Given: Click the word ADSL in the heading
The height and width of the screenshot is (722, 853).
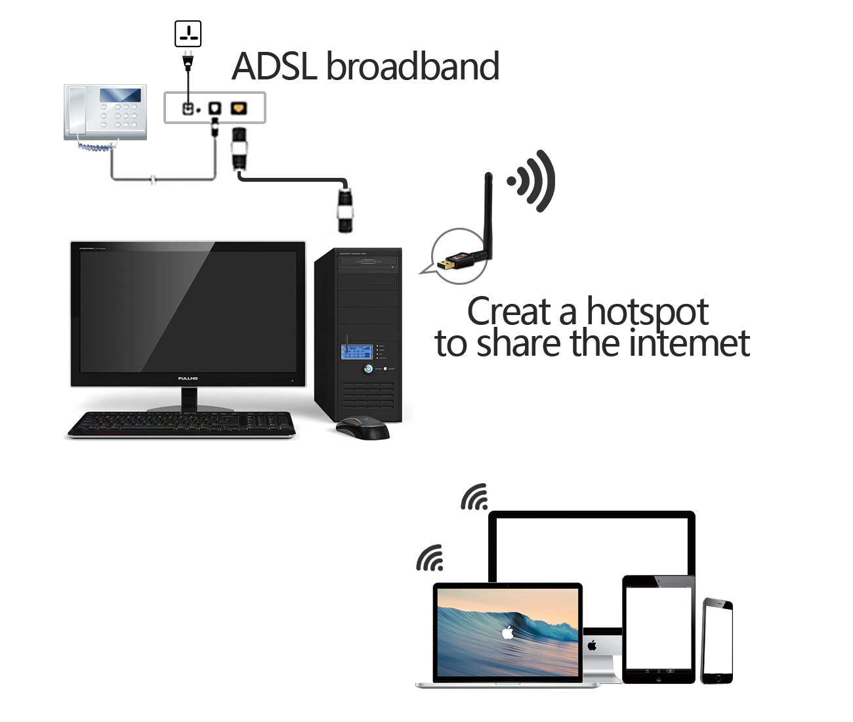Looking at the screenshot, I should (275, 66).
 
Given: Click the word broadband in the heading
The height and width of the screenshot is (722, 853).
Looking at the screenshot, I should (412, 66).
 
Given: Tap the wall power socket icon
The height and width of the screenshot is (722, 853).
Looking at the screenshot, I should (188, 33).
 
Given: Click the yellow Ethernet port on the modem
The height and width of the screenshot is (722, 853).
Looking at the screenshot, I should (238, 108).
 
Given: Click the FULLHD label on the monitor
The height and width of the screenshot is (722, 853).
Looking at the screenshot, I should (188, 379).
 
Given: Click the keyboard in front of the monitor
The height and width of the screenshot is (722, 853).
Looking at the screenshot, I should (182, 423).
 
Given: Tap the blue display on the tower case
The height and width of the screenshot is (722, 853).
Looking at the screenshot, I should (356, 351).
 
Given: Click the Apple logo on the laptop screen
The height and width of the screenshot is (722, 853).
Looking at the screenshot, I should (507, 633).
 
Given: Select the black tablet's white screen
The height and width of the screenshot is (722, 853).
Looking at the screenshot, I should (657, 626).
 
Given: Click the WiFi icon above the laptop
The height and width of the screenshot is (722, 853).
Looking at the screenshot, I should (430, 558).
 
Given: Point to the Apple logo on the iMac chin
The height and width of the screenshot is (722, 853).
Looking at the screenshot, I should (593, 645).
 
